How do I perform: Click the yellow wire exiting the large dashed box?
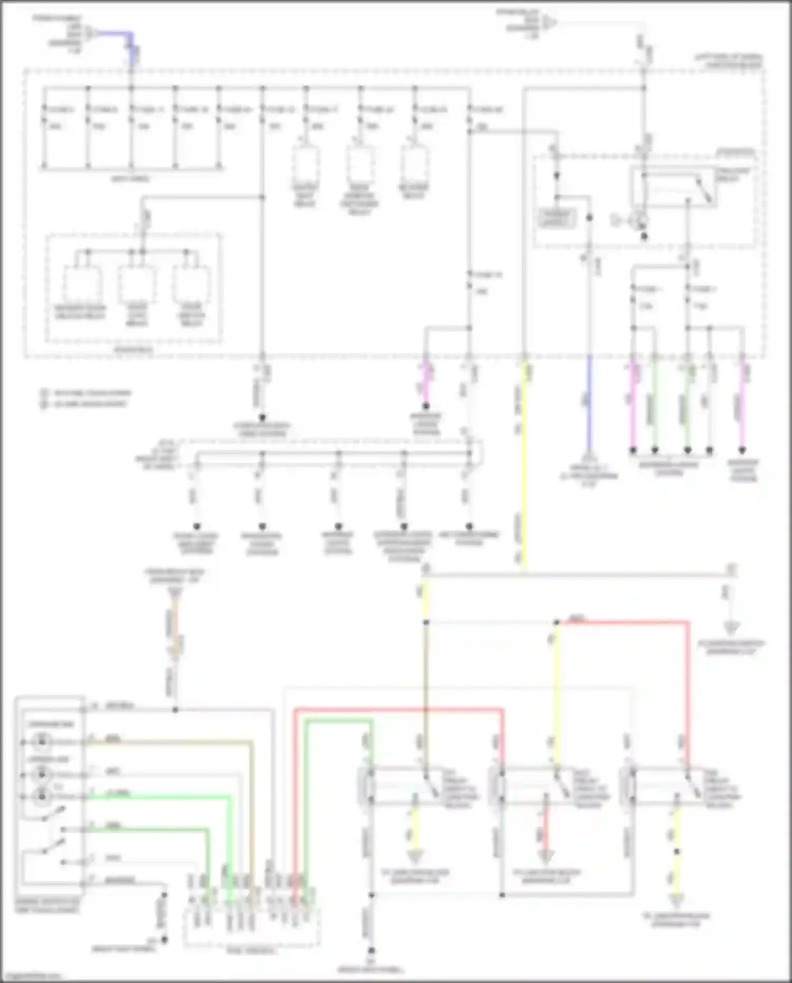[524, 465]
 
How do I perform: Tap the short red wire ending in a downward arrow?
[546, 829]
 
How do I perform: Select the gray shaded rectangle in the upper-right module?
[557, 218]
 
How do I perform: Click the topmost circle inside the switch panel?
[42, 742]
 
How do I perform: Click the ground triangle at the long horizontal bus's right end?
[731, 628]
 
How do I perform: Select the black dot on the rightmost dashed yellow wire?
[677, 851]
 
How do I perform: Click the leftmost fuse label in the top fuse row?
[59, 109]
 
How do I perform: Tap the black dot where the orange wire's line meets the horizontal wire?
[175, 710]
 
